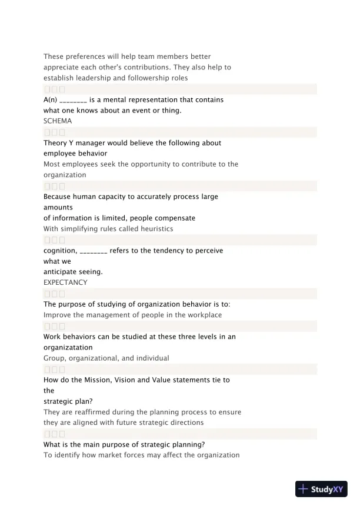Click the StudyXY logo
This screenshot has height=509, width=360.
(322, 489)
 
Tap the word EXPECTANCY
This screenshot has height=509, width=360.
(65, 282)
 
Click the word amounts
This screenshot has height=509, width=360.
(58, 207)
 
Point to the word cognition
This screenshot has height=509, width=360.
(59, 250)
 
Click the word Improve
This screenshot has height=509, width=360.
(58, 315)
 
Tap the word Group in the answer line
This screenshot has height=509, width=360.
(55, 358)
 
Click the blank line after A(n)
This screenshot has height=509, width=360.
(74, 100)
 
